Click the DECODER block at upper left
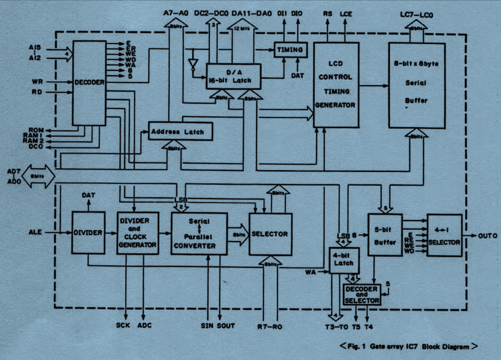tap(89, 83)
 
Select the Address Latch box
tap(180, 131)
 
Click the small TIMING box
tap(291, 50)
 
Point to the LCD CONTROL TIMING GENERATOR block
tap(336, 85)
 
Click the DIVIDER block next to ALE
tap(87, 232)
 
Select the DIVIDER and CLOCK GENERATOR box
tap(138, 233)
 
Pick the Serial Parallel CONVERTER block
tap(199, 234)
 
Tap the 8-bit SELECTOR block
tap(270, 234)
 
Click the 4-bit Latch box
tap(345, 260)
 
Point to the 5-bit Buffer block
tap(385, 235)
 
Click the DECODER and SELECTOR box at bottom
tap(362, 295)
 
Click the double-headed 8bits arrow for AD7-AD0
tap(38, 175)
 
